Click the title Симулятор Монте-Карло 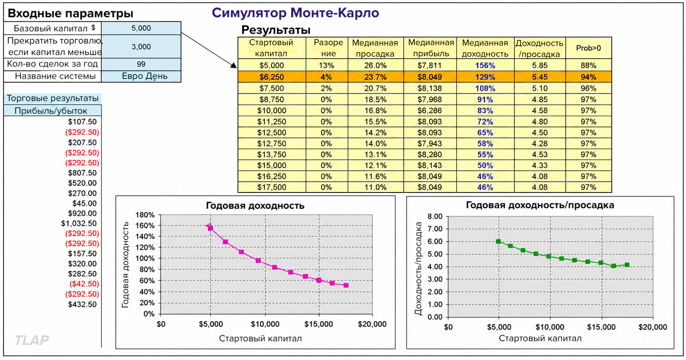(295, 13)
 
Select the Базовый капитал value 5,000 (141, 28)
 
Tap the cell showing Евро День (145, 76)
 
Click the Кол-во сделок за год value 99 (141, 64)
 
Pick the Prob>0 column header (589, 48)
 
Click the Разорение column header (328, 48)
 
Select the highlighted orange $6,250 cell (272, 77)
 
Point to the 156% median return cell (485, 65)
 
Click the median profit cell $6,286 (430, 110)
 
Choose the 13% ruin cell (327, 65)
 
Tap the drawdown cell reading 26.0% (375, 65)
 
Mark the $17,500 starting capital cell (272, 187)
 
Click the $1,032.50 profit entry (79, 223)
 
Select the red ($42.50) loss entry (84, 284)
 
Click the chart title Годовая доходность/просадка (540, 205)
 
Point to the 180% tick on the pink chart (145, 215)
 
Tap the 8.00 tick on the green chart (435, 216)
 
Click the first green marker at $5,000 (499, 241)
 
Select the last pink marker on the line (346, 285)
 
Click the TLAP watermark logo (32, 340)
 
